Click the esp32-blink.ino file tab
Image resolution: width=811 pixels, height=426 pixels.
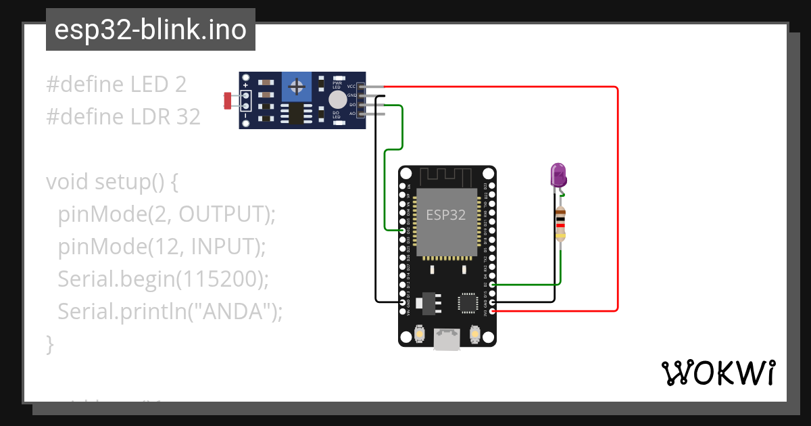coord(150,30)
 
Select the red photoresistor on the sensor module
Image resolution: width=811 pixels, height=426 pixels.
coord(228,101)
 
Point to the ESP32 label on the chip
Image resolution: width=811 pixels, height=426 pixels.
coord(445,215)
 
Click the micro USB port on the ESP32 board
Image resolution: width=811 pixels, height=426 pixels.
coord(446,339)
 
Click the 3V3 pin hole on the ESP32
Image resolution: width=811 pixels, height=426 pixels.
coord(492,311)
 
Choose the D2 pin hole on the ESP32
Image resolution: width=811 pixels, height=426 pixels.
coord(492,285)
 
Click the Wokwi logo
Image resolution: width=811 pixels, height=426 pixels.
coord(718,373)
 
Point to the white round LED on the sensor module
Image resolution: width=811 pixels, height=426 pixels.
coord(337,100)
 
